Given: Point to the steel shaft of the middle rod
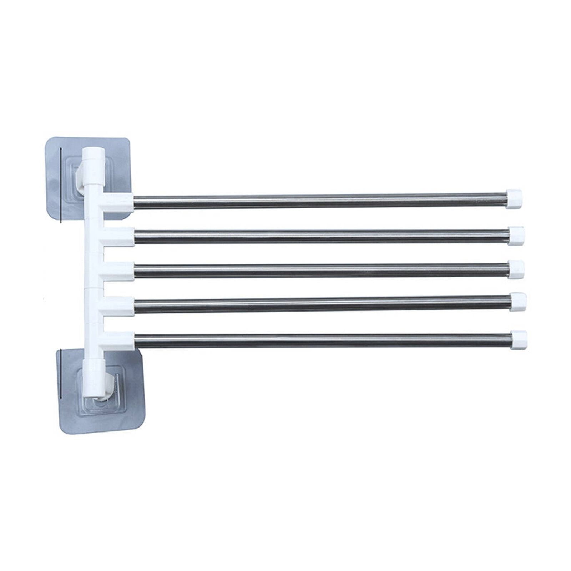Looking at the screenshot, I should (321, 270).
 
